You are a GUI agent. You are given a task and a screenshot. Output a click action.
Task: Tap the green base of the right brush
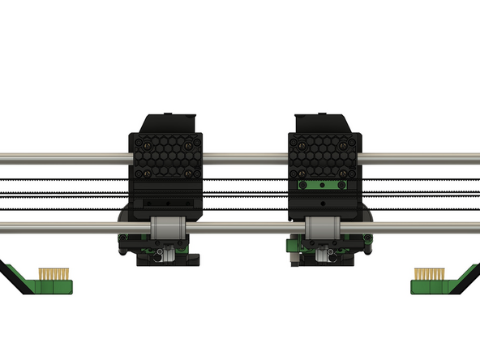click(x=428, y=286)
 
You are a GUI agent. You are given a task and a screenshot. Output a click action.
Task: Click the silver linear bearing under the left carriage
click(x=167, y=229)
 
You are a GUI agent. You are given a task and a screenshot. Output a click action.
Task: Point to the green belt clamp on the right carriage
click(x=323, y=185)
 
